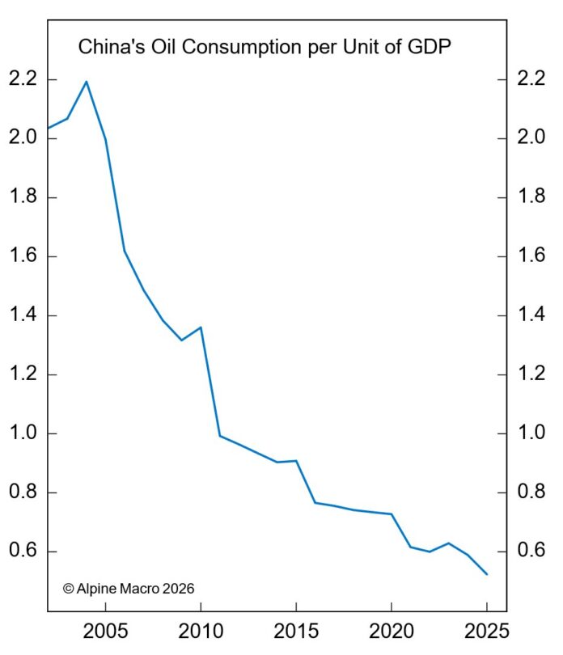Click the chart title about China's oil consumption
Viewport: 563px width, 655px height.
(x=264, y=48)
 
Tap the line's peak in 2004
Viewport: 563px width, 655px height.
(x=86, y=82)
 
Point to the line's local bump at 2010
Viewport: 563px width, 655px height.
(x=201, y=327)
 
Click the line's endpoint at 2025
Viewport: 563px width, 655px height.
(x=487, y=574)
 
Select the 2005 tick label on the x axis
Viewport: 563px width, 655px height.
(x=105, y=630)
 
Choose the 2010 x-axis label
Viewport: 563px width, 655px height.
(x=201, y=630)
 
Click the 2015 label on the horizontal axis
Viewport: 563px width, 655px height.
(x=296, y=630)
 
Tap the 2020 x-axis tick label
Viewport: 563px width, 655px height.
(x=392, y=630)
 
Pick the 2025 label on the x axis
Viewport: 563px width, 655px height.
(x=487, y=630)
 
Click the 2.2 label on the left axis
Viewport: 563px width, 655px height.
(x=22, y=80)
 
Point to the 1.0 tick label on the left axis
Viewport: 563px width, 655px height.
(x=22, y=434)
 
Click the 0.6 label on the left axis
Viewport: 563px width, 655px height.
(x=22, y=552)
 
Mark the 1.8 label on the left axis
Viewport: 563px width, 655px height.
(x=22, y=198)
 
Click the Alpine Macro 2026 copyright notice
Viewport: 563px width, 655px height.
(x=129, y=589)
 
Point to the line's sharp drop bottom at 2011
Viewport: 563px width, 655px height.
(x=220, y=436)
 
